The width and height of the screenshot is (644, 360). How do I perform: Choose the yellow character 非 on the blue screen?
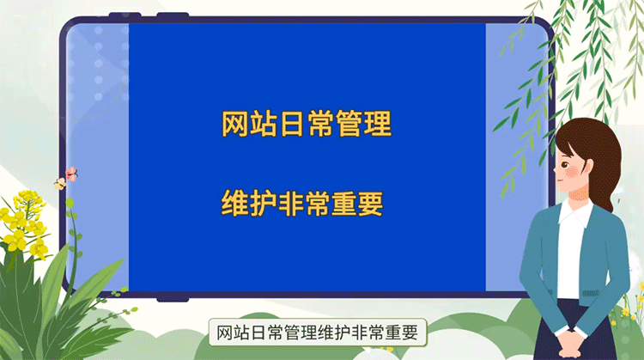[291, 204]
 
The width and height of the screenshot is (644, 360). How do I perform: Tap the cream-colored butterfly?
[60, 183]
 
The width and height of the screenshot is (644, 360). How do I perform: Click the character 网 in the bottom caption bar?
[225, 333]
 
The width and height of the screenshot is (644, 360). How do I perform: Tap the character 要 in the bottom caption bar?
[416, 333]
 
